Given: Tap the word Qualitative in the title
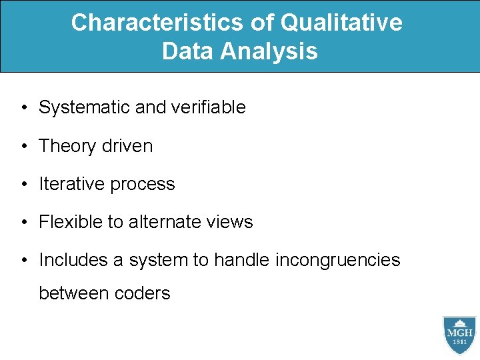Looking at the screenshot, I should tap(341, 23).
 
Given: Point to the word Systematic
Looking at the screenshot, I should tap(85, 107).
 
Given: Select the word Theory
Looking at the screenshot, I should tap(69, 146).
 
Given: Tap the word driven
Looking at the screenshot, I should tap(129, 146).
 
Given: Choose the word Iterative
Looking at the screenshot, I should tap(73, 184).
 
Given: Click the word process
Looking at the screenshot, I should tap(144, 185).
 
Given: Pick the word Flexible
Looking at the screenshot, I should tap(70, 222).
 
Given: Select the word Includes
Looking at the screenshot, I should tap(73, 260).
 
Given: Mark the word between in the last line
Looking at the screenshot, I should tap(71, 293).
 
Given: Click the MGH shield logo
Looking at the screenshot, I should tap(459, 335).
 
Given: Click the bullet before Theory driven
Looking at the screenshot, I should tap(23, 147).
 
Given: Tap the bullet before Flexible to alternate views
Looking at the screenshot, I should tap(23, 223).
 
